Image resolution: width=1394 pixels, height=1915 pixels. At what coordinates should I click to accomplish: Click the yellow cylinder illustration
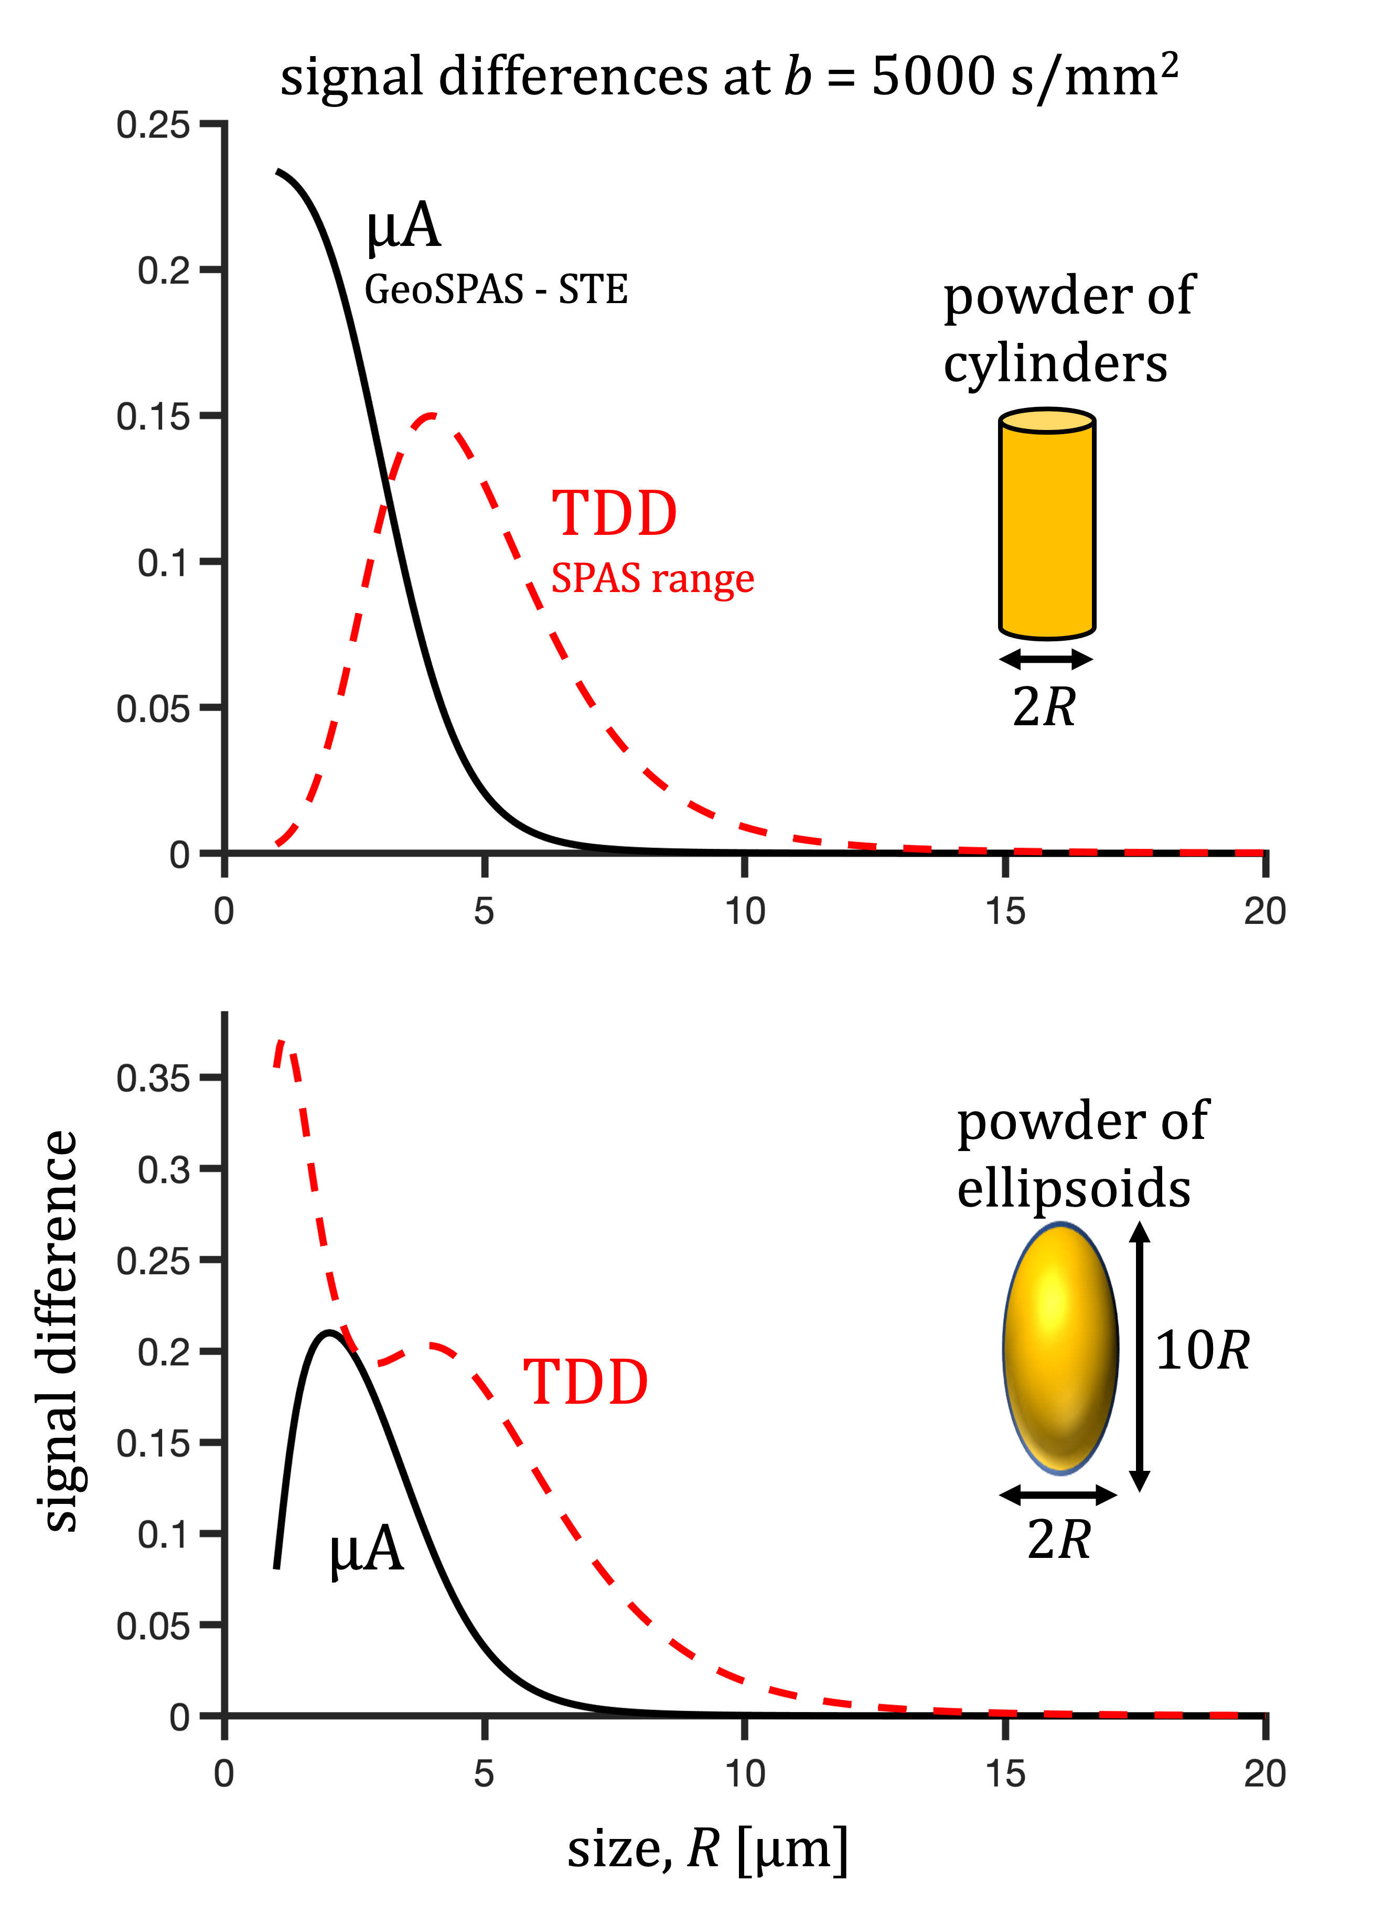tap(1047, 523)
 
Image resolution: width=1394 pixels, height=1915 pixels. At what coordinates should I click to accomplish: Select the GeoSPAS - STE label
tap(496, 289)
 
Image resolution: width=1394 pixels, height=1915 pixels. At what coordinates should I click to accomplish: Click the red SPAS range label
tap(652, 578)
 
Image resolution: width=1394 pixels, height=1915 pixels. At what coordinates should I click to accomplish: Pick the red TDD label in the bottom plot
tap(586, 1382)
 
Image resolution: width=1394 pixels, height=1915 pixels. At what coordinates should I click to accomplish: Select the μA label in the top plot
tap(404, 227)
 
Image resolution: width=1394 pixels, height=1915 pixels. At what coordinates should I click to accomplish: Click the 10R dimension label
tap(1202, 1350)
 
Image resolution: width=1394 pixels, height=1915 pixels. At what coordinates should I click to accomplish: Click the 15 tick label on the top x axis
tap(1005, 912)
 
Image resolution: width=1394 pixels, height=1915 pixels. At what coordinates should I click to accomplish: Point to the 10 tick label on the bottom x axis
tap(745, 1774)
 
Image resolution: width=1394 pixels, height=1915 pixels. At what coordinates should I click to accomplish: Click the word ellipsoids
tap(1073, 1189)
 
